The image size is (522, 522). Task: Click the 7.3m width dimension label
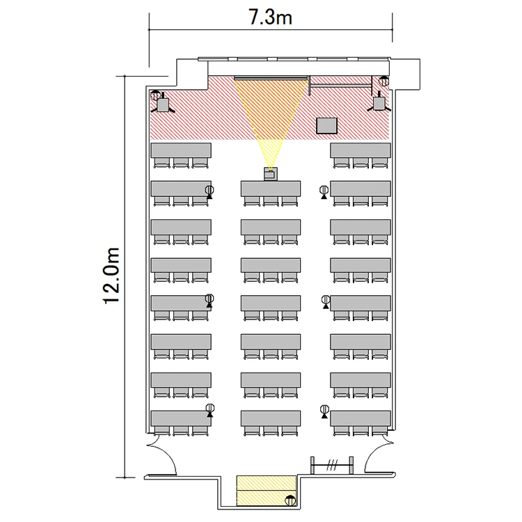(x=270, y=17)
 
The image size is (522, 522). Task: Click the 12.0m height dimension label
(x=111, y=276)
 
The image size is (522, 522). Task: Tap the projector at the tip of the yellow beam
(x=271, y=174)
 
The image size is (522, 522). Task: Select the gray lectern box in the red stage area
(x=326, y=125)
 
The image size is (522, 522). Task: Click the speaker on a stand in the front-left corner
(x=163, y=104)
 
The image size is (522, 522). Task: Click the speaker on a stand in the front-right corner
(x=379, y=102)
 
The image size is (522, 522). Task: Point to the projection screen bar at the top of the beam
(x=270, y=78)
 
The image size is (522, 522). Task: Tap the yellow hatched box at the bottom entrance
(x=267, y=491)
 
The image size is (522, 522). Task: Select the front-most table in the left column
(x=181, y=150)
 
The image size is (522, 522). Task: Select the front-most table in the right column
(x=361, y=150)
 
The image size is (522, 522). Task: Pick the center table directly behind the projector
(x=271, y=189)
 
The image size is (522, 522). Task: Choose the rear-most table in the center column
(x=271, y=418)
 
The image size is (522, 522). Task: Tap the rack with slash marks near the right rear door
(x=332, y=465)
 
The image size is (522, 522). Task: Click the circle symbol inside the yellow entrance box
(x=291, y=500)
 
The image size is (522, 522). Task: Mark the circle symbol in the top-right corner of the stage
(x=383, y=81)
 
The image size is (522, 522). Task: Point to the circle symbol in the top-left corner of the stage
(x=155, y=95)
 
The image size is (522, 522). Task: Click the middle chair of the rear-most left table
(x=181, y=431)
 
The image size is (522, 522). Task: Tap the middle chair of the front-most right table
(x=361, y=163)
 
